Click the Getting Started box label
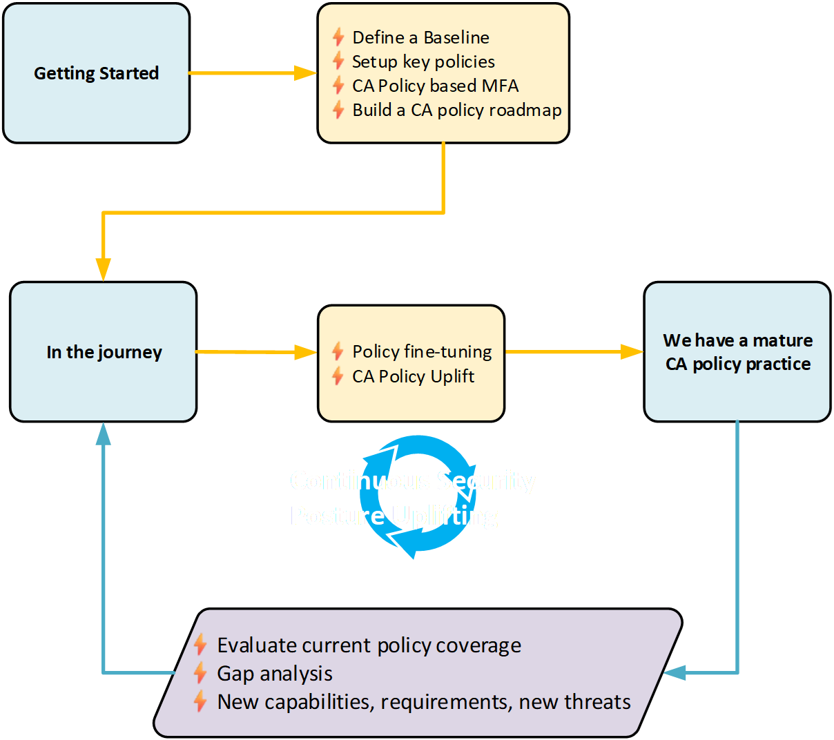click(96, 73)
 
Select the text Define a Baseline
click(420, 37)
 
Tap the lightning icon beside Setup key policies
click(338, 61)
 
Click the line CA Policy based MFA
click(435, 86)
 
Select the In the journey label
click(104, 352)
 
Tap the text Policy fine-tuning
click(422, 352)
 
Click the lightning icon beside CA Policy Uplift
click(338, 376)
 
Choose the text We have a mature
click(737, 340)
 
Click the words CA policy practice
click(737, 364)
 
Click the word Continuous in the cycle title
click(360, 480)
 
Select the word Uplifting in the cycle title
click(445, 516)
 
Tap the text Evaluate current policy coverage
click(369, 645)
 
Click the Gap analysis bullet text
click(274, 673)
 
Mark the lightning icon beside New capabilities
click(200, 701)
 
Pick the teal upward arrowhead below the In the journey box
click(103, 434)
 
